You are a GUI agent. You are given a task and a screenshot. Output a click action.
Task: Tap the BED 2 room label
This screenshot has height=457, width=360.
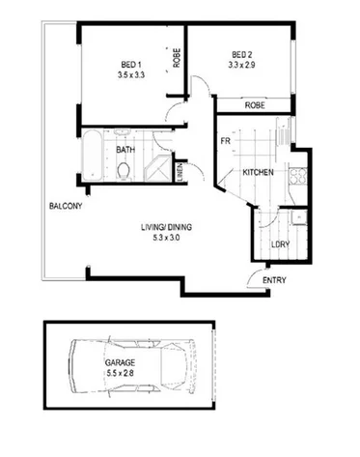point(242,54)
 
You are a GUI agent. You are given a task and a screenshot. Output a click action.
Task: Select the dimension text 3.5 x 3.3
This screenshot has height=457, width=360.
point(128,74)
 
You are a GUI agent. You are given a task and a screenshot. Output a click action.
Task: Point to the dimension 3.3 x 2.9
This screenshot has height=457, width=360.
point(242,66)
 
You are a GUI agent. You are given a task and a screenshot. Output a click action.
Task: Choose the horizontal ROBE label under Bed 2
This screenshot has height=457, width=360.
point(255,104)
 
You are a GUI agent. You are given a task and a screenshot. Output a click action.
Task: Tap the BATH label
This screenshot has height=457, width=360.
point(125,150)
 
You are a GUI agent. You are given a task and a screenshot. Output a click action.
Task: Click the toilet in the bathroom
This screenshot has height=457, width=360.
point(124,171)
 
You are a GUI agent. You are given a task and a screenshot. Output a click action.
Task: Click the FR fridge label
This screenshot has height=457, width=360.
point(225,141)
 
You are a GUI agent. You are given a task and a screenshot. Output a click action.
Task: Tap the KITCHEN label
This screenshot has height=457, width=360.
point(258,172)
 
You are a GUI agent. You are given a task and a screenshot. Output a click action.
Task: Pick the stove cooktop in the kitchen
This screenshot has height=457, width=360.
point(299,176)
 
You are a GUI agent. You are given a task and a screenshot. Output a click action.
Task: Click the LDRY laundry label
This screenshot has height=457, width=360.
point(281,243)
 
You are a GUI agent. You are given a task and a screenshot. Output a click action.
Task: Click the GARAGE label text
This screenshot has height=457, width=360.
point(121,362)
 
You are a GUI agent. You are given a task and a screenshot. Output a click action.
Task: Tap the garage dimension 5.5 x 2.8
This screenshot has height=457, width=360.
point(121,373)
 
